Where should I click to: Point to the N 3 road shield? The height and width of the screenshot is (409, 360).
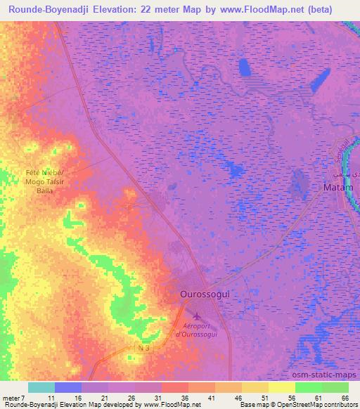(144, 348)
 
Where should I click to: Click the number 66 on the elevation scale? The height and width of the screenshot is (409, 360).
(345, 398)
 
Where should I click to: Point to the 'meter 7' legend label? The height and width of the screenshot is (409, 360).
(15, 398)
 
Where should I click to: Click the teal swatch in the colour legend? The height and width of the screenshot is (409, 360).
(41, 387)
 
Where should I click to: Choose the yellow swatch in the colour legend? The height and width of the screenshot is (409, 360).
(282, 387)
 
